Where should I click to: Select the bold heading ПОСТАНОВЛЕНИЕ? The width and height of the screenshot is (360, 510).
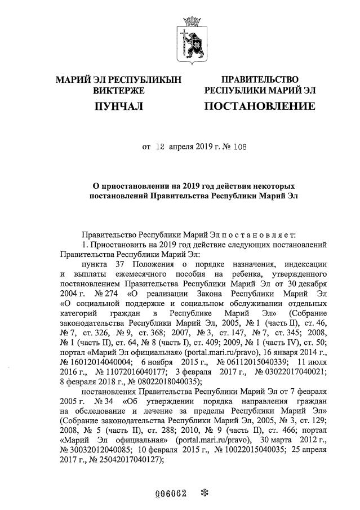(260, 106)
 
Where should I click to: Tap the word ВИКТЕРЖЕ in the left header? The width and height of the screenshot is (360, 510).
(118, 90)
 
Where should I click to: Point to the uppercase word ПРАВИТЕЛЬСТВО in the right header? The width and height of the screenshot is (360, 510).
(260, 79)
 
